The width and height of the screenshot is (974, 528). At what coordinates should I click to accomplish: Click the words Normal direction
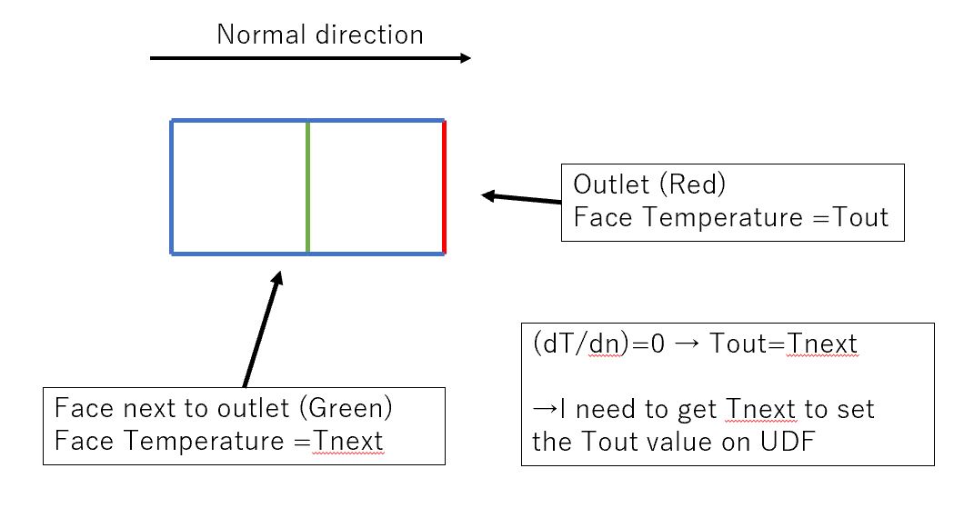pyautogui.click(x=319, y=35)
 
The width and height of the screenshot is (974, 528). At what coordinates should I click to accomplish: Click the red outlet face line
pyautogui.click(x=444, y=187)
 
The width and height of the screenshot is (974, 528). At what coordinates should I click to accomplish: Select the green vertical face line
pyautogui.click(x=307, y=187)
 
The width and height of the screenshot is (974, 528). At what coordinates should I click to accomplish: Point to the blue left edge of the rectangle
pyautogui.click(x=172, y=187)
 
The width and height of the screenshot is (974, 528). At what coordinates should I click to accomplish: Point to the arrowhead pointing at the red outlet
pyautogui.click(x=488, y=195)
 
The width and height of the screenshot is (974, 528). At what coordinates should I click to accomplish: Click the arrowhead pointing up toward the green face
pyautogui.click(x=276, y=277)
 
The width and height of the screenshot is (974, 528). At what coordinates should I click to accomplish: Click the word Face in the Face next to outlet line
pyautogui.click(x=76, y=406)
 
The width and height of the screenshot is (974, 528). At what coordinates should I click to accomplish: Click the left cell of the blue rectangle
pyautogui.click(x=239, y=187)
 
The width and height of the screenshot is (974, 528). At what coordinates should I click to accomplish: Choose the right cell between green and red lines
pyautogui.click(x=376, y=187)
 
